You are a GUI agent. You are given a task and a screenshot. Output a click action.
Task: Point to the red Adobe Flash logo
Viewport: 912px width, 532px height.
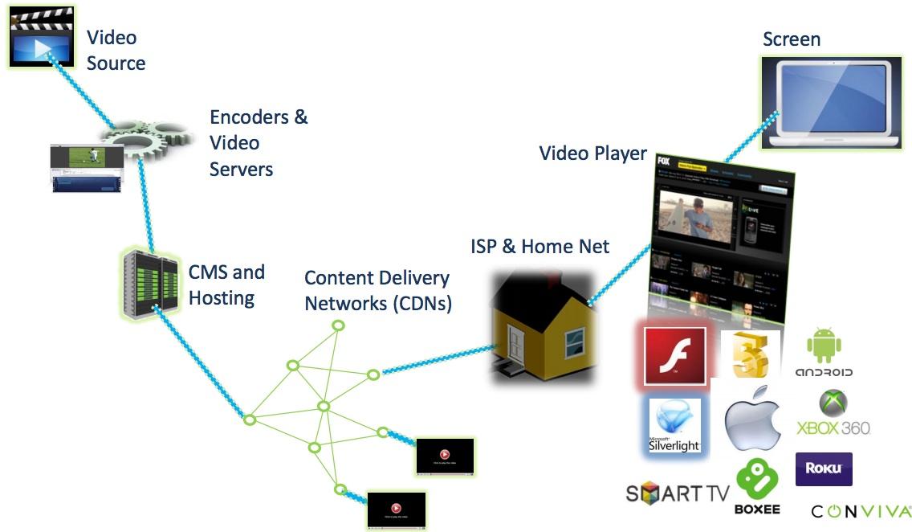[x=674, y=356]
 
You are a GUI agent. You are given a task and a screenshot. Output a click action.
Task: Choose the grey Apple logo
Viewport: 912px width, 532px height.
[x=751, y=419]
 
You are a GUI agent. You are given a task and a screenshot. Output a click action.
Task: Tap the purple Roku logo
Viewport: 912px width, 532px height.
[x=824, y=469]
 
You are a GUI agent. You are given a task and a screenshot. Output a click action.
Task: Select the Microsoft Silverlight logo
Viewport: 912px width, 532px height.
[x=674, y=425]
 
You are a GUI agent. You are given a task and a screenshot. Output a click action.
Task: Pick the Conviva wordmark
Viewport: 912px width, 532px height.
[x=861, y=511]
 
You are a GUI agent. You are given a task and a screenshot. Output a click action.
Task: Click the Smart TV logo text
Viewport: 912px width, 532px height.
[x=677, y=493]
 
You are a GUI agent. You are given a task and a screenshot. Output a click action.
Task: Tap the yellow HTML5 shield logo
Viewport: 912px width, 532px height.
[x=752, y=354]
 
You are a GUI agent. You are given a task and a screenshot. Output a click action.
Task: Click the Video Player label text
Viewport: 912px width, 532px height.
[x=592, y=153]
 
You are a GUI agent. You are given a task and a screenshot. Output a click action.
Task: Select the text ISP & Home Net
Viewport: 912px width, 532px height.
[x=539, y=246]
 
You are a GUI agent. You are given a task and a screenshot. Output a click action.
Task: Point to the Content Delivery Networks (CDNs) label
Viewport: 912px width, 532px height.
[x=377, y=290]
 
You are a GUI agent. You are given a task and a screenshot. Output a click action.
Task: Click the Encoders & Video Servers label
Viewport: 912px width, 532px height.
[x=258, y=143]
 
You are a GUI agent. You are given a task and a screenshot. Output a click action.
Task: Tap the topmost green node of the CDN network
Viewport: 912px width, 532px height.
[x=338, y=325]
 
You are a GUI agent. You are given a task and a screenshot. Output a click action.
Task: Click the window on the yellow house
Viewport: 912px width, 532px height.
[x=575, y=345]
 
